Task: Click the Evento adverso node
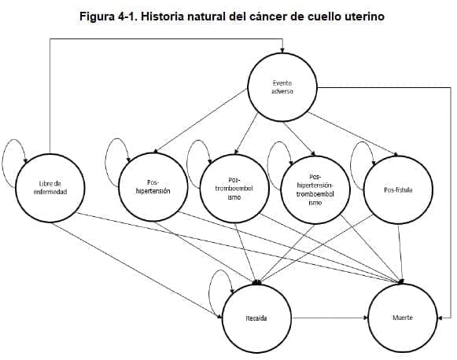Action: [x=282, y=87]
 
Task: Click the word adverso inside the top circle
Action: [x=282, y=92]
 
